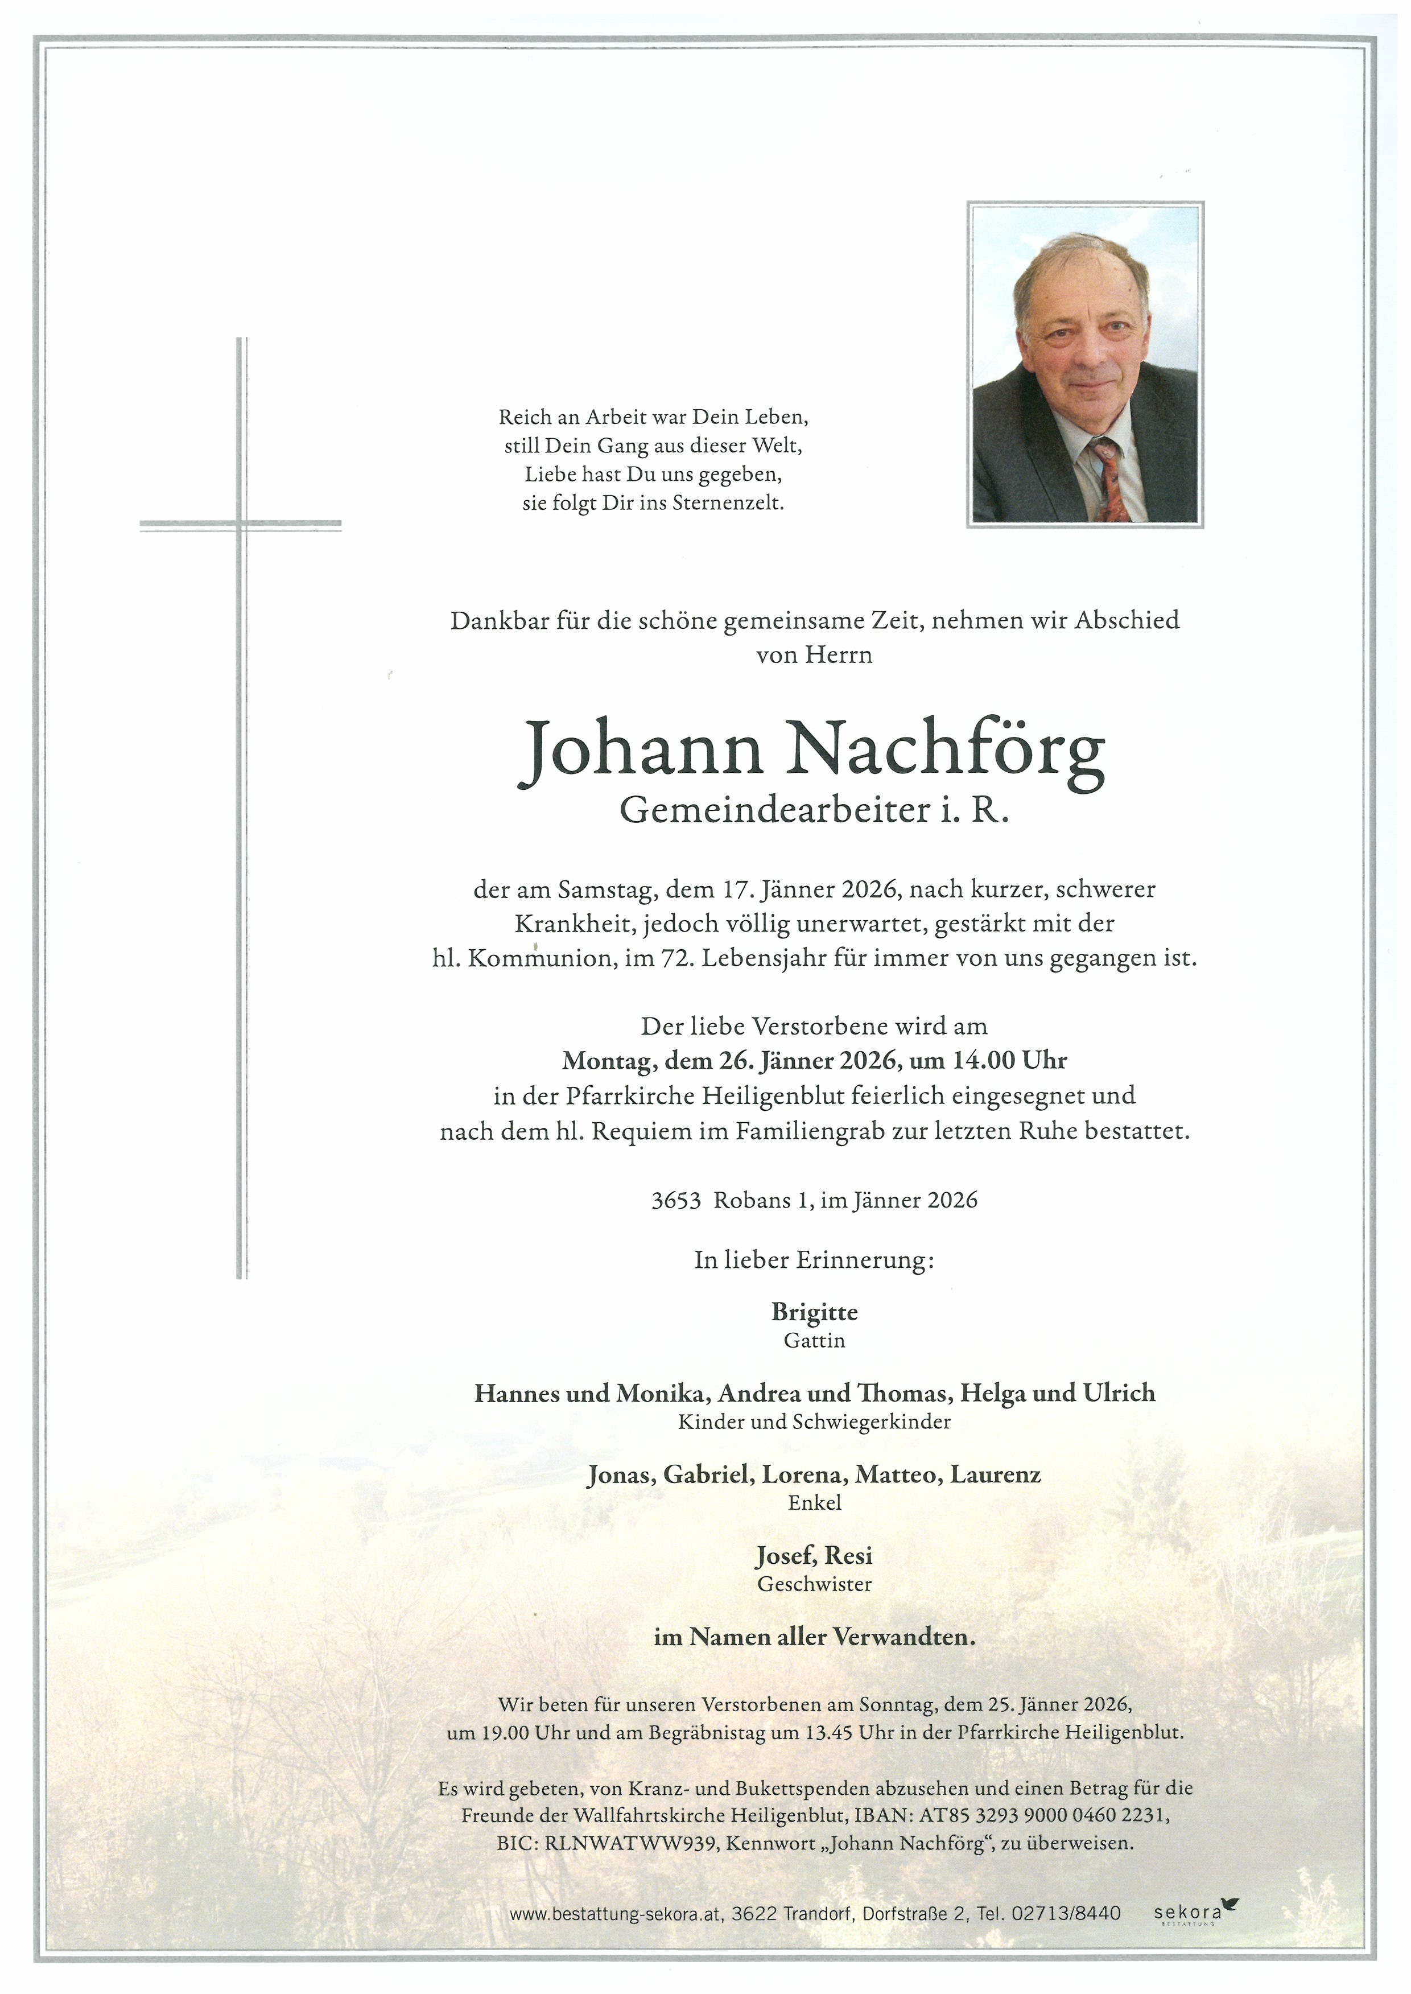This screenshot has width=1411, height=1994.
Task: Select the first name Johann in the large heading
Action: pos(641,749)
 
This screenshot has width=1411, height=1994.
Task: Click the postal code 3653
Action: pos(676,1201)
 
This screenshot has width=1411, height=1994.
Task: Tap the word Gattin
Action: pos(814,1341)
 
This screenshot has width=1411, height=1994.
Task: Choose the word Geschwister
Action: pos(814,1584)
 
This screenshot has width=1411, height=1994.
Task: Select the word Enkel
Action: pos(814,1503)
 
